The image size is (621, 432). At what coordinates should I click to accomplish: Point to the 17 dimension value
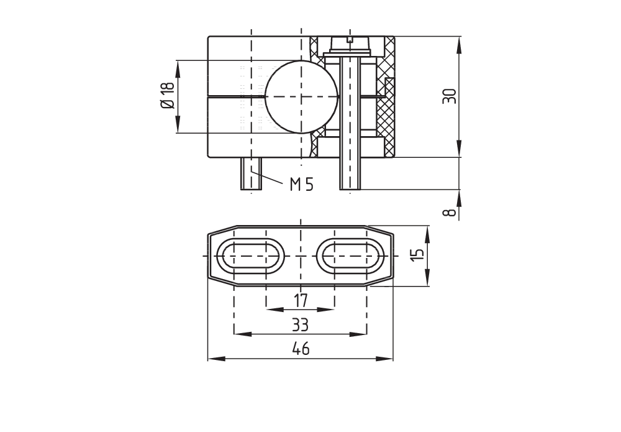point(301,301)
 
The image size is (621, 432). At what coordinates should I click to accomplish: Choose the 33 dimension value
point(300,325)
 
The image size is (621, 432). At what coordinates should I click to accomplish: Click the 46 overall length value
point(300,349)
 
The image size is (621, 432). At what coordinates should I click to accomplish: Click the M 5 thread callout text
point(301,184)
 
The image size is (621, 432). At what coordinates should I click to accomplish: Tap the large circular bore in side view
point(302,97)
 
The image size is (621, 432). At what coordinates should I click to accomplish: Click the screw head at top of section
point(350,45)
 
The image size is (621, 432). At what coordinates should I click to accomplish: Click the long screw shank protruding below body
point(350,174)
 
